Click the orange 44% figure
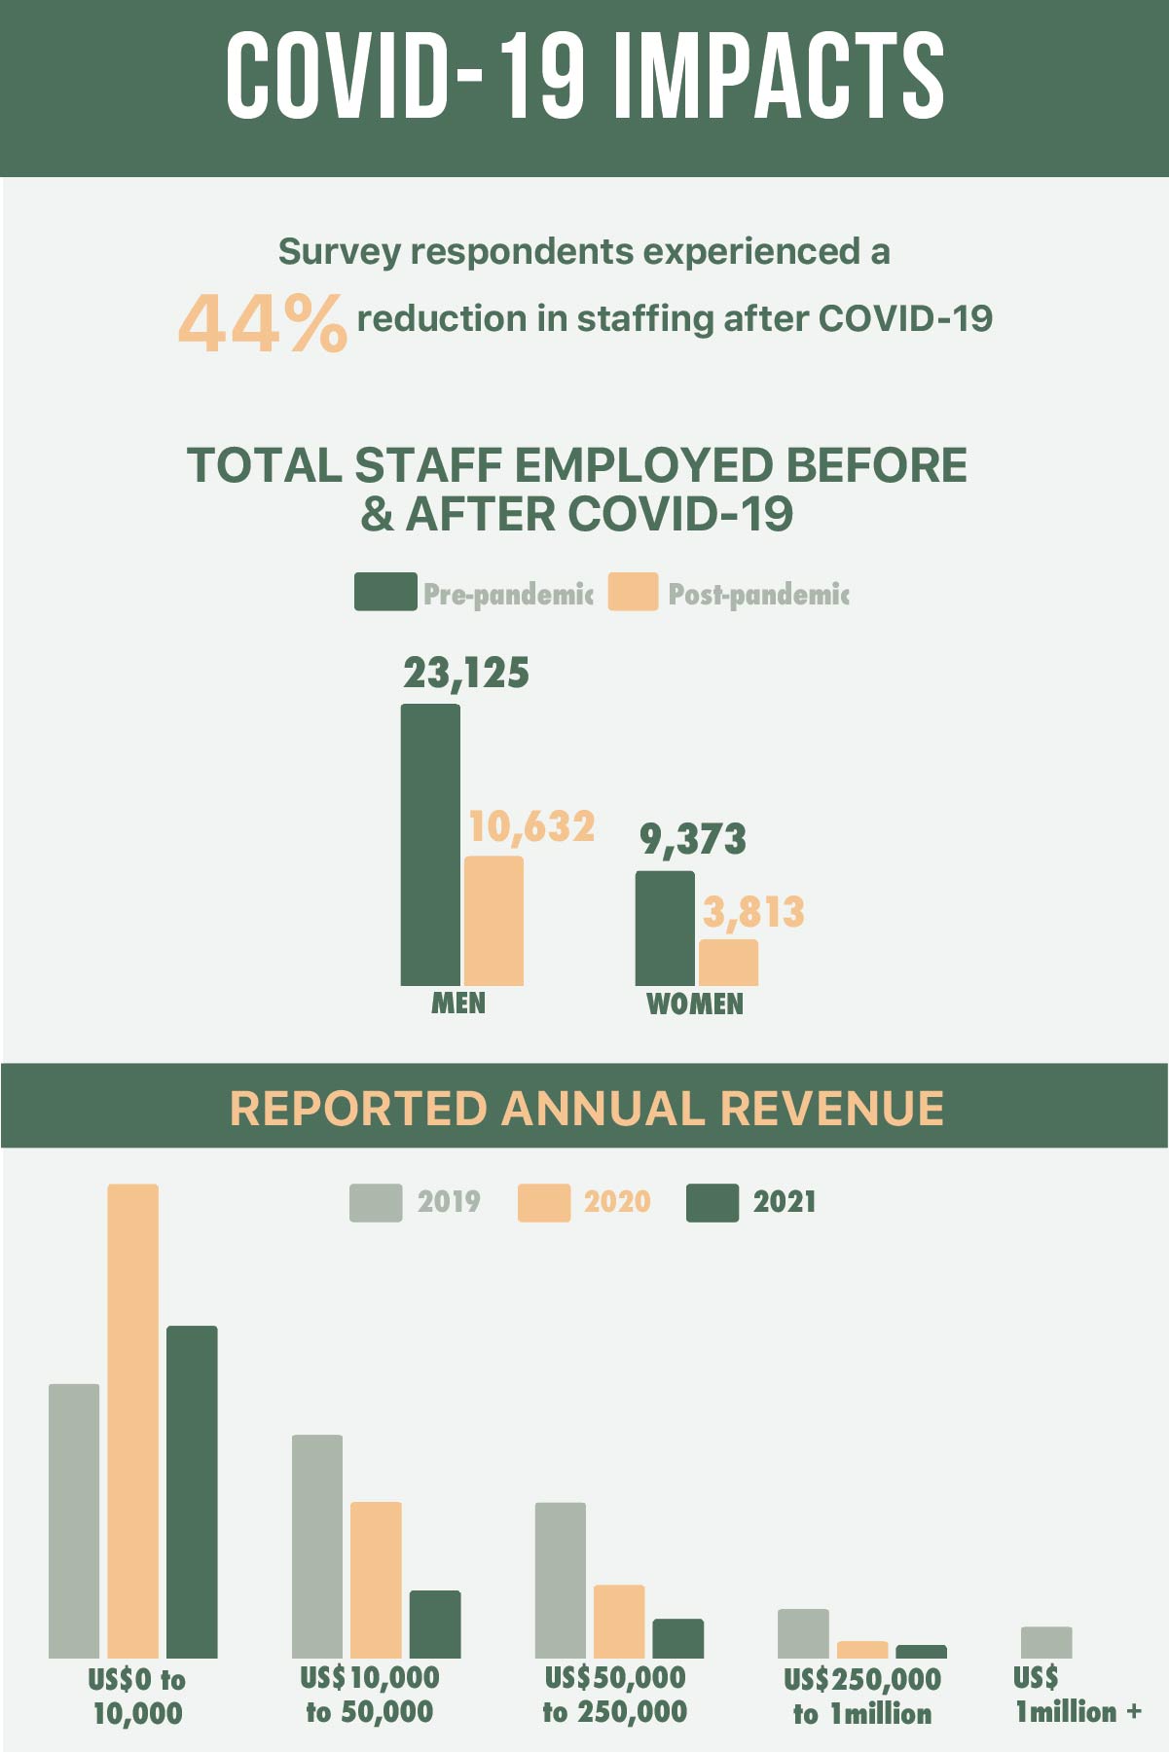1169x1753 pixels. coord(262,323)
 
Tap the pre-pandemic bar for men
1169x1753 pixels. coord(430,844)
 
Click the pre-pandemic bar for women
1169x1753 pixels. coord(665,928)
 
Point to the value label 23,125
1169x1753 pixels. coord(466,673)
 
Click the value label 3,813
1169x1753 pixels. coord(753,912)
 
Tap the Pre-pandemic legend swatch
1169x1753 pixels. coord(385,592)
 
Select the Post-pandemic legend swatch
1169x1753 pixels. coord(633,592)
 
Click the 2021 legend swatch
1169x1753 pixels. coord(712,1202)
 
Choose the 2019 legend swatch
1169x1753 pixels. coord(376,1202)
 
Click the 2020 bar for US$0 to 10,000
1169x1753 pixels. coord(133,1420)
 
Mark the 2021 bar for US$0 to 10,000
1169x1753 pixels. coord(192,1491)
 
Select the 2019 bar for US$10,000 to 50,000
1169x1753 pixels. coord(317,1546)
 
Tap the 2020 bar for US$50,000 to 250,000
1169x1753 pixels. coord(619,1621)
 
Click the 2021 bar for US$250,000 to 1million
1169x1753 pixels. coord(921,1651)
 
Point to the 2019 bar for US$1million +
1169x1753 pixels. coord(1046,1642)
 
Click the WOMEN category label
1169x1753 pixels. coord(695,1004)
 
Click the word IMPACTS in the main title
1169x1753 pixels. coord(779,76)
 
